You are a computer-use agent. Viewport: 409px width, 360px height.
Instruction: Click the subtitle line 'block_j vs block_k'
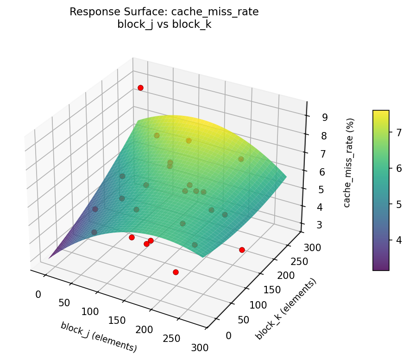[x=164, y=25]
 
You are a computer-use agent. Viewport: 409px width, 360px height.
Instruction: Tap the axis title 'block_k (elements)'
[x=286, y=309]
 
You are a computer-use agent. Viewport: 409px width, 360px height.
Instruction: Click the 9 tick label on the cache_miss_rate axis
[x=325, y=118]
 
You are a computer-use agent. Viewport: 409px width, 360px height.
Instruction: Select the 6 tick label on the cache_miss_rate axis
[x=321, y=172]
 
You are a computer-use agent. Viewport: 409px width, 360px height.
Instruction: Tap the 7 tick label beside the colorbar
[x=398, y=133]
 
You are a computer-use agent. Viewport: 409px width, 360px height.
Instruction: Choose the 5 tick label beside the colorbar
[x=398, y=204]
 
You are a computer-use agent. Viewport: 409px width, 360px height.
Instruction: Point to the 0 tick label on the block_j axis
[x=38, y=294]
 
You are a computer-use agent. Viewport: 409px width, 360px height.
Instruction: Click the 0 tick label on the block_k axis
[x=228, y=335]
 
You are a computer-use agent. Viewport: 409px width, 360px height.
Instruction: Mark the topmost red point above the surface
[x=140, y=88]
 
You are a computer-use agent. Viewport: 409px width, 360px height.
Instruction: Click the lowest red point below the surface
[x=176, y=272]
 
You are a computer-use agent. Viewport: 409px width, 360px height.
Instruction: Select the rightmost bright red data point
[x=242, y=250]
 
